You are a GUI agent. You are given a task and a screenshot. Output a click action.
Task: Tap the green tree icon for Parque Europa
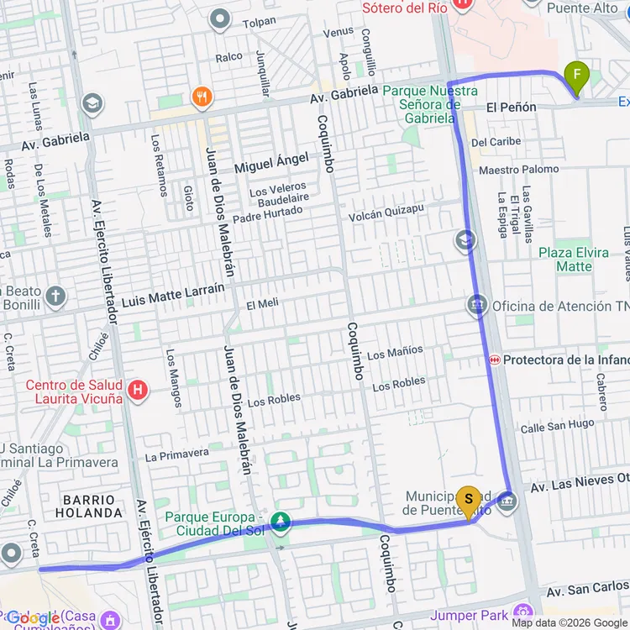point(279,523)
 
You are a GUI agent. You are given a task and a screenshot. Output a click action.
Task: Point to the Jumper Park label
point(470,616)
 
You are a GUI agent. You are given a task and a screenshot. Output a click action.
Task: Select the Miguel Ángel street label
point(271,162)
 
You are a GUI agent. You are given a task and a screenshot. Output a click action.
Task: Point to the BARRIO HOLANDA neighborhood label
point(88,506)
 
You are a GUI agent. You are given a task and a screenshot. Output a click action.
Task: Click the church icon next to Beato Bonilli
point(55,296)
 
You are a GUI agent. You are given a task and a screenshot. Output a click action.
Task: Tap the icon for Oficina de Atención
point(477,306)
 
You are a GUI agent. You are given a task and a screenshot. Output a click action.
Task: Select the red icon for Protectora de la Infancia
point(495,360)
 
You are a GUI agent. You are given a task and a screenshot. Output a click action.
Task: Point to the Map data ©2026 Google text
point(570,622)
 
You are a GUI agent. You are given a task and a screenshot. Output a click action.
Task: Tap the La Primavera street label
point(176,454)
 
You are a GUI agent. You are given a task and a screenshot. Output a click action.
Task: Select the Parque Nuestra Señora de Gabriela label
point(429,104)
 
